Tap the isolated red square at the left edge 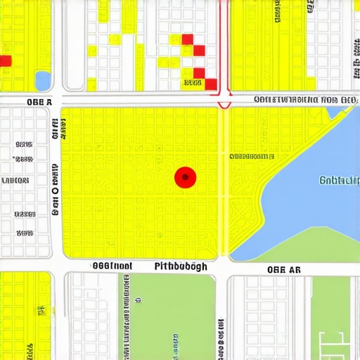5,61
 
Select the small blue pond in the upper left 43,81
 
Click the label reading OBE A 39,101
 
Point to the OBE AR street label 284,269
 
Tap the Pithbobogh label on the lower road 180,267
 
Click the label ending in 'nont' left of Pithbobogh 112,266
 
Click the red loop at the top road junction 224,103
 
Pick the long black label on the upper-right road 304,100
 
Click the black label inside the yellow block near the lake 251,156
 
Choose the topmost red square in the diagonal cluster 188,39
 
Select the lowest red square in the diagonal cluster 210,84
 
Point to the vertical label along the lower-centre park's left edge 127,309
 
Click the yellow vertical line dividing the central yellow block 224,183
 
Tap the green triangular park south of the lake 309,246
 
